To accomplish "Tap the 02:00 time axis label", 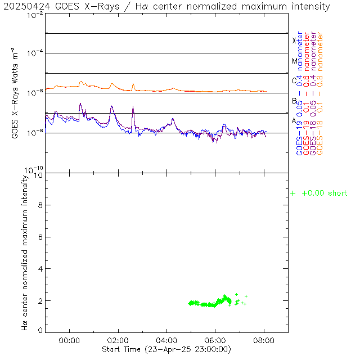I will click(118, 340).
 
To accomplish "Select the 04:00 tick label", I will click(167, 340).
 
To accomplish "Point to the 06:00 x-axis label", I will click(215, 340).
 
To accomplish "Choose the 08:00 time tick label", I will click(264, 340).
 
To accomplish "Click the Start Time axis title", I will click(166, 349).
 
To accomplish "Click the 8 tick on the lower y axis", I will click(40, 205).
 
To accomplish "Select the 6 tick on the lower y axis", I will click(40, 237).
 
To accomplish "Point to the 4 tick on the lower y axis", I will click(40, 269).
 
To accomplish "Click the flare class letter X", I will click(294, 40).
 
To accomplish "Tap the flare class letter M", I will click(294, 61).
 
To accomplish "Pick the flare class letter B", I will click(294, 101).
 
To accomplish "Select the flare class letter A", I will click(294, 121).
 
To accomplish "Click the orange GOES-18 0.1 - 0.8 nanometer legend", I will click(321, 93).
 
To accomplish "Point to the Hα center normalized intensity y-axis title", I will click(25, 251).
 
